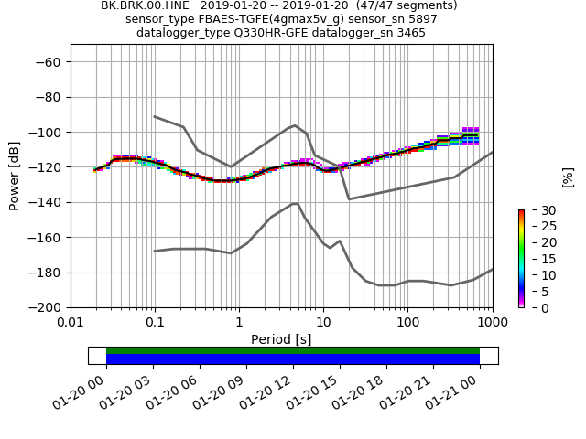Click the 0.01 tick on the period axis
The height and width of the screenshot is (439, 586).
(71, 323)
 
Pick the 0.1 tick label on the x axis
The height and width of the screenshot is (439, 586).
(155, 323)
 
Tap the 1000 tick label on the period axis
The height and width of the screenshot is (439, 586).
(492, 323)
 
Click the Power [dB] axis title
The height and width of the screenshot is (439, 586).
(15, 176)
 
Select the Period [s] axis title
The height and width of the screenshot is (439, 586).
(281, 339)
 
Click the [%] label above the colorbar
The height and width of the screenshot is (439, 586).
(568, 177)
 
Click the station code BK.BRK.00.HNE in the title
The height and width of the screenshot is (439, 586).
(141, 5)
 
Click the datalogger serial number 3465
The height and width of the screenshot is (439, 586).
(410, 33)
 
